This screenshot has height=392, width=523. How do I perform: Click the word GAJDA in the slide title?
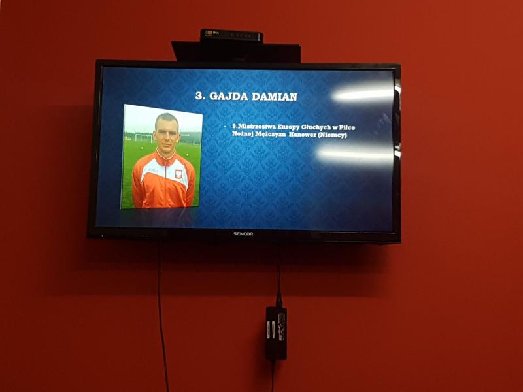click(x=228, y=96)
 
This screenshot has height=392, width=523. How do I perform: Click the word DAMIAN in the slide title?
click(x=274, y=97)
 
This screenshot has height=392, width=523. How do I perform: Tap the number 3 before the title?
click(x=200, y=96)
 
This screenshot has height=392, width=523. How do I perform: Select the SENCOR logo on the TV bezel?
click(x=243, y=234)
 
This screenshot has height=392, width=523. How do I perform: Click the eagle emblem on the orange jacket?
click(x=178, y=174)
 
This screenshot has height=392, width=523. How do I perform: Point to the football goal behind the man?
click(x=143, y=137)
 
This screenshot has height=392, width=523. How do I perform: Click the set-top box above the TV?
click(x=231, y=36)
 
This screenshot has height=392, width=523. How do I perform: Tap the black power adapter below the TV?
click(x=276, y=333)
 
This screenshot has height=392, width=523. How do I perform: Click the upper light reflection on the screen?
click(x=363, y=94)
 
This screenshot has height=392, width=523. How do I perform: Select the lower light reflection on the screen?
click(x=355, y=155)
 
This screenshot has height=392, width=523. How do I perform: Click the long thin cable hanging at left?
click(x=161, y=316)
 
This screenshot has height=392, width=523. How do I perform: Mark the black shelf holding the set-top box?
click(x=236, y=52)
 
